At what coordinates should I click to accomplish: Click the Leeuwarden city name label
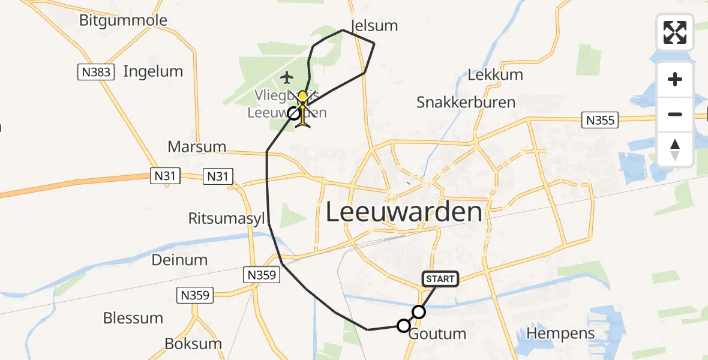[404, 212]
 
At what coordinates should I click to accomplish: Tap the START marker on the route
[440, 279]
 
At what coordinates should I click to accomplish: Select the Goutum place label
[437, 334]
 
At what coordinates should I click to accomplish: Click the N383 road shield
[95, 73]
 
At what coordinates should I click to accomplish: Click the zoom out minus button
[675, 114]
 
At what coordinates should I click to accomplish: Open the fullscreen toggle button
[675, 32]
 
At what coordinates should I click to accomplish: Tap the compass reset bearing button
[675, 149]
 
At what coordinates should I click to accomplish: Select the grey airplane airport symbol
[287, 77]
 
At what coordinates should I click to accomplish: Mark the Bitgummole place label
[123, 20]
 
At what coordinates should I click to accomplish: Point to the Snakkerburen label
[466, 102]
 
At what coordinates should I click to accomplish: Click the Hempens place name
[560, 334]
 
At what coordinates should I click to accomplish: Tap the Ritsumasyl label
[226, 218]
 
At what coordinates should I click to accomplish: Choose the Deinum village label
[179, 260]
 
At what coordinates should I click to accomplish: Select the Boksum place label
[193, 344]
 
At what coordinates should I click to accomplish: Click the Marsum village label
[197, 146]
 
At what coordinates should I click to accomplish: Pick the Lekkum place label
[495, 75]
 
